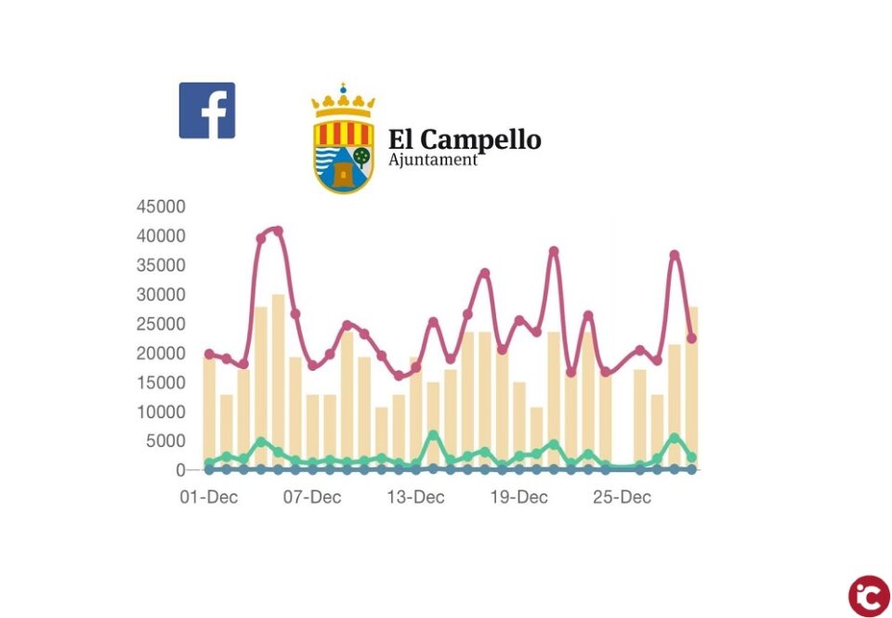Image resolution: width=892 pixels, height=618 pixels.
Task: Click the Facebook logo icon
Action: pyautogui.click(x=206, y=111)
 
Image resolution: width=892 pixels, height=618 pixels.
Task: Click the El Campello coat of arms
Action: pyautogui.click(x=343, y=144)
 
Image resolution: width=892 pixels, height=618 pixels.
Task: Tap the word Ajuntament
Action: pyautogui.click(x=432, y=160)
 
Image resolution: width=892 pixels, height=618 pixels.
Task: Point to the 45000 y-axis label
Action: pyautogui.click(x=161, y=206)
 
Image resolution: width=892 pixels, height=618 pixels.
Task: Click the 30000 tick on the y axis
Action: pyautogui.click(x=161, y=295)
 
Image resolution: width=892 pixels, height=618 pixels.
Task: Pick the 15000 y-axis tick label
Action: pyautogui.click(x=161, y=383)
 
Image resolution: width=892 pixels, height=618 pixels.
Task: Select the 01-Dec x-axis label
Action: pyautogui.click(x=208, y=498)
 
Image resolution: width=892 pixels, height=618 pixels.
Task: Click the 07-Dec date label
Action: pyautogui.click(x=311, y=498)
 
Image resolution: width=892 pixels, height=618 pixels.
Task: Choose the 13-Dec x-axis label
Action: pyautogui.click(x=414, y=498)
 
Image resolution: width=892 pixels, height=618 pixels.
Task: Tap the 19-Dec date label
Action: pyautogui.click(x=518, y=498)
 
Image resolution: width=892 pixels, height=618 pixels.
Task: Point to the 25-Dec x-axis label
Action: pyautogui.click(x=622, y=498)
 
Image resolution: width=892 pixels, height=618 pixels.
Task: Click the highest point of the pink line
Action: pyautogui.click(x=277, y=230)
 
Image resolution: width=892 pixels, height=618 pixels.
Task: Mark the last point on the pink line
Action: pyautogui.click(x=691, y=338)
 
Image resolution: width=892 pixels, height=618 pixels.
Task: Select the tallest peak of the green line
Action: pyautogui.click(x=433, y=435)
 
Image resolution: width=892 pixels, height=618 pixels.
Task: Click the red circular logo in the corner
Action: pyautogui.click(x=868, y=596)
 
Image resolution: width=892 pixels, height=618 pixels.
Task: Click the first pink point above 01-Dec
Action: pyautogui.click(x=209, y=354)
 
